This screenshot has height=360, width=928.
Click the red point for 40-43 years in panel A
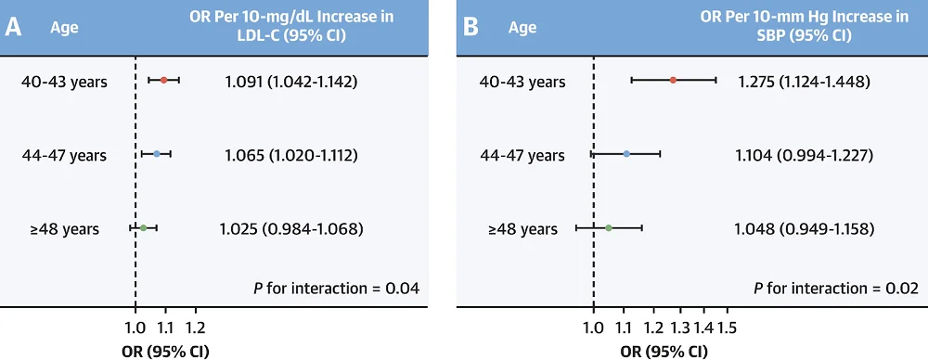coord(164,81)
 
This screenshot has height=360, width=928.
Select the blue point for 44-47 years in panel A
coord(157,154)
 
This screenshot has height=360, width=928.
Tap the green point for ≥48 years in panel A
coord(143,227)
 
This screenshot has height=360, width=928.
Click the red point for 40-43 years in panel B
coord(674,81)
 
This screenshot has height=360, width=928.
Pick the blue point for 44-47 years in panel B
coord(627,154)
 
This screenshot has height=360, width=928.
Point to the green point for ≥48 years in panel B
coord(609,227)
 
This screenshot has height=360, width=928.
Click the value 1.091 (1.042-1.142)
coord(290,82)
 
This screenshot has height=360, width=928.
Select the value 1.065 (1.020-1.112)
coord(290,155)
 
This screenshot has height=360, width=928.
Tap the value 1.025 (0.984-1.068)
coord(290,228)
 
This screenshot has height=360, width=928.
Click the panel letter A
coord(14,27)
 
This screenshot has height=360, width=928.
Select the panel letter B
coord(470,27)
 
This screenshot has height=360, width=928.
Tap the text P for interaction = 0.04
coord(336,289)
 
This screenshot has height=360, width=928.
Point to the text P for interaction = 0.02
coord(835,289)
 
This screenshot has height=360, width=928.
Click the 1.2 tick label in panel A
coord(195,328)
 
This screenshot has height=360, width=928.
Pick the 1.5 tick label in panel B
coord(727,328)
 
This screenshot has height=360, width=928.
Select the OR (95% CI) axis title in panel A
coord(165,351)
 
